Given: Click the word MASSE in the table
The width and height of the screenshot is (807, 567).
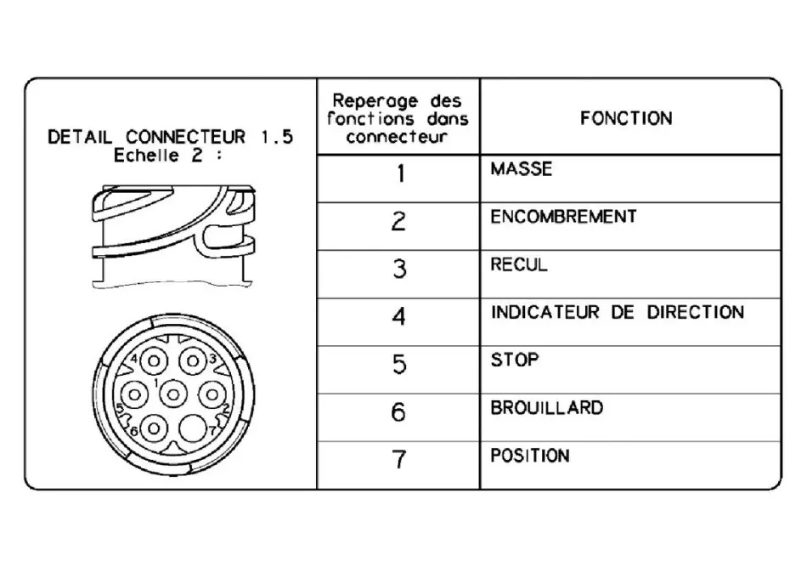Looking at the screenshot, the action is pyautogui.click(x=521, y=169).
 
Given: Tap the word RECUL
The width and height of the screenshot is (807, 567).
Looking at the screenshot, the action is pyautogui.click(x=519, y=264).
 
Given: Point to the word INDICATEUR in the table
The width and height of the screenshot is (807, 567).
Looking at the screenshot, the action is pyautogui.click(x=545, y=312).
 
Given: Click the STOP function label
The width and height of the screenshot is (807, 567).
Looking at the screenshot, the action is pyautogui.click(x=515, y=360).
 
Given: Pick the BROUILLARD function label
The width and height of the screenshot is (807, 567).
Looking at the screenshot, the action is pyautogui.click(x=546, y=408).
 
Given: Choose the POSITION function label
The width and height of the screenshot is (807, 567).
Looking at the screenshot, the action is pyautogui.click(x=530, y=456).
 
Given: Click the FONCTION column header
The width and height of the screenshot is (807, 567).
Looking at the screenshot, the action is pyautogui.click(x=626, y=118).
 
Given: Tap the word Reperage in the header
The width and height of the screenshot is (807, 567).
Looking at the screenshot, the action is pyautogui.click(x=375, y=100).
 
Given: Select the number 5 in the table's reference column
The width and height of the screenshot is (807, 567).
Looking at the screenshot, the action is pyautogui.click(x=399, y=364).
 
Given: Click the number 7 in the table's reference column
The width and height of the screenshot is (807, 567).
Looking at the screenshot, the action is pyautogui.click(x=399, y=459).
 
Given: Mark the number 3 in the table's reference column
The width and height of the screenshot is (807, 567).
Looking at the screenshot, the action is pyautogui.click(x=399, y=269).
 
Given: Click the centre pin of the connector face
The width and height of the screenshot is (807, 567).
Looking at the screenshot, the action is pyautogui.click(x=173, y=395).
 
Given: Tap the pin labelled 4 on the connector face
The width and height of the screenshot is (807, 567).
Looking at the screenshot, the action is pyautogui.click(x=154, y=361).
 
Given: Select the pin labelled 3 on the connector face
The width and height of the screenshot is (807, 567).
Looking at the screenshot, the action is pyautogui.click(x=193, y=361).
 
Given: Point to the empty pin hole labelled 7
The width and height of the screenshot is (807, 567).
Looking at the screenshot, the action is pyautogui.click(x=193, y=428).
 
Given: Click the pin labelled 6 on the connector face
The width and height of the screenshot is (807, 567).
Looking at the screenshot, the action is pyautogui.click(x=154, y=428).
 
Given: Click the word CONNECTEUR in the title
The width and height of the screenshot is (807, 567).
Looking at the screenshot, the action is pyautogui.click(x=186, y=137).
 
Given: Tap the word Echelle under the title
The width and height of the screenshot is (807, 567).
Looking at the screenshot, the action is pyautogui.click(x=147, y=155).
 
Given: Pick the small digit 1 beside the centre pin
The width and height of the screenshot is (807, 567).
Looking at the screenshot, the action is pyautogui.click(x=156, y=383).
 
